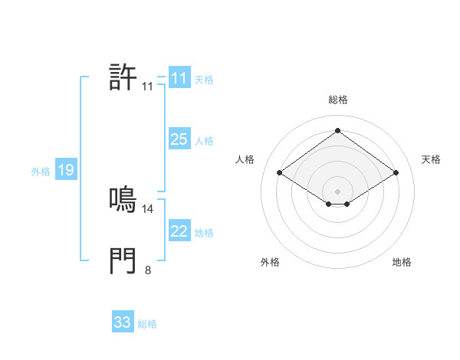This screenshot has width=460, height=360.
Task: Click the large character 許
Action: coord(123,77)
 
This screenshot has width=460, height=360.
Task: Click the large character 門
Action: coord(123,261)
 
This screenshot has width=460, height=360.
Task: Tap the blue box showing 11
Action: coord(179,78)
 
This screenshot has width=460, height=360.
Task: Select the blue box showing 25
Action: coord(179,139)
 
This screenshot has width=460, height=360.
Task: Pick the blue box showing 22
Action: coord(179,231)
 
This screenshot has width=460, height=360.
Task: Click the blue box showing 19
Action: coord(66,170)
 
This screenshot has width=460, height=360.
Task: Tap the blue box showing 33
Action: coord(123,322)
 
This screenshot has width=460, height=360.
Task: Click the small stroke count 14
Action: coord(148,208)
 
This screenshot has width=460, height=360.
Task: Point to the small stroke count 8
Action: coord(148,270)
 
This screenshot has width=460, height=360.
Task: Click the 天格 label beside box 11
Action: coord(204,80)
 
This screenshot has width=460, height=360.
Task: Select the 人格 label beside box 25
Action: coord(204,141)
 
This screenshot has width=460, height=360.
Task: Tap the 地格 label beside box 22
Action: coord(204,233)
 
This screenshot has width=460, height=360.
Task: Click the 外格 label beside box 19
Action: coord(41,172)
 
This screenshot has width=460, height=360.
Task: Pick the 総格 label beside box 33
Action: coord(147,324)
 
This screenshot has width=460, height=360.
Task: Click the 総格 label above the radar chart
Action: coord(337,100)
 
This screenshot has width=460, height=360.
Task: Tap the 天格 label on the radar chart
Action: coord(431,159)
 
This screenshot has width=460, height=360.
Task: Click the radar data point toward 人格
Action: coord(280,173)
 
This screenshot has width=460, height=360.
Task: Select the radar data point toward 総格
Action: coord(337,130)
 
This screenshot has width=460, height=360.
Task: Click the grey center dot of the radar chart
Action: coord(337,191)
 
